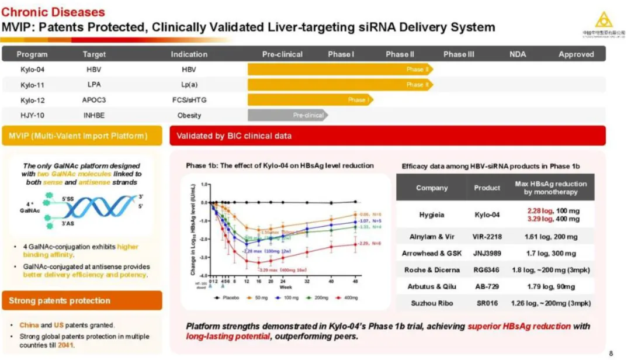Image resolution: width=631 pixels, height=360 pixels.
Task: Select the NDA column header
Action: click(517, 54)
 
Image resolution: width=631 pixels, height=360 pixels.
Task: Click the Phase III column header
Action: click(459, 54)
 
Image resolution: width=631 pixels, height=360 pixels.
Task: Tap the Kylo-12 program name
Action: click(33, 100)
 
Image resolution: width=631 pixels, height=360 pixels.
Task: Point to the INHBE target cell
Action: click(94, 115)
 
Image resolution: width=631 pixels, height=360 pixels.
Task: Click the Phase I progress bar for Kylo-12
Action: click(310, 100)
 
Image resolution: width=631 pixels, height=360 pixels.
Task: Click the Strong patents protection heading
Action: click(60, 301)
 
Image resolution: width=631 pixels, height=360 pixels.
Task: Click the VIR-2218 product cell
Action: click(487, 237)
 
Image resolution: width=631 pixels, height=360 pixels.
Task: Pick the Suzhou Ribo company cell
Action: click(431, 303)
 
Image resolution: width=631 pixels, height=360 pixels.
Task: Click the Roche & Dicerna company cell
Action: click(431, 270)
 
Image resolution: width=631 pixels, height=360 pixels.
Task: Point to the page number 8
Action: click(611, 352)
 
